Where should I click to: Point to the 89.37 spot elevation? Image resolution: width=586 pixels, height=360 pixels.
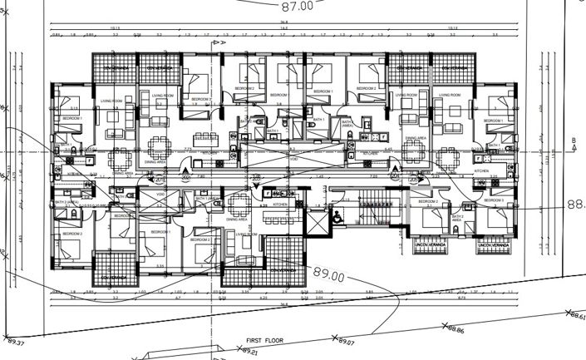click(16, 343)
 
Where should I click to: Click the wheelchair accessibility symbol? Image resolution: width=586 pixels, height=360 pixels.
click(336, 215)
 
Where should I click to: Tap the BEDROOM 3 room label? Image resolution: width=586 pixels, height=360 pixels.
click(495, 201)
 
